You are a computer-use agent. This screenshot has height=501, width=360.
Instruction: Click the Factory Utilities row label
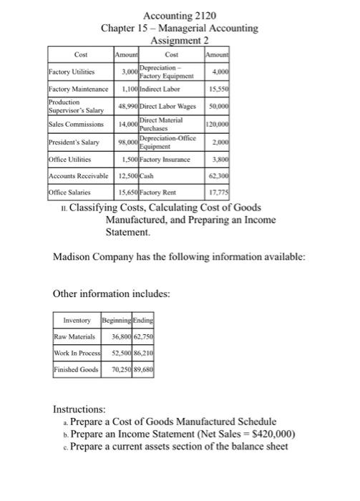point(72,72)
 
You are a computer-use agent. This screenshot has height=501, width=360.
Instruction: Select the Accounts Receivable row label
point(77,175)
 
